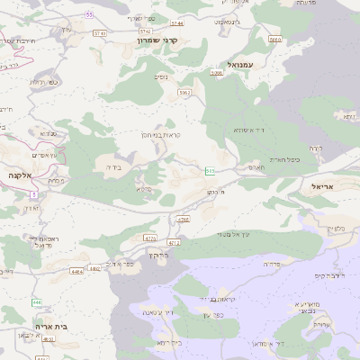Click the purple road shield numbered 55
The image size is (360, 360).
coord(89,15)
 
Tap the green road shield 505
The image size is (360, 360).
coord(210,170)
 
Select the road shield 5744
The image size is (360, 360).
coord(175,22)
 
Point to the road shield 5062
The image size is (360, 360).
coord(184,92)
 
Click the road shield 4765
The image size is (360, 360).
coord(184,219)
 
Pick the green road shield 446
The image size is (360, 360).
coord(38,303)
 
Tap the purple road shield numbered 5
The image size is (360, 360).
coord(33,194)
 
